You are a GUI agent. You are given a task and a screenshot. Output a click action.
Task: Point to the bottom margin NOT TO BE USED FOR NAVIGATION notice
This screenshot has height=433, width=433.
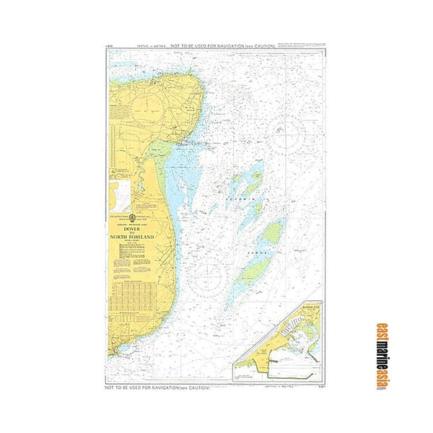[158, 388]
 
